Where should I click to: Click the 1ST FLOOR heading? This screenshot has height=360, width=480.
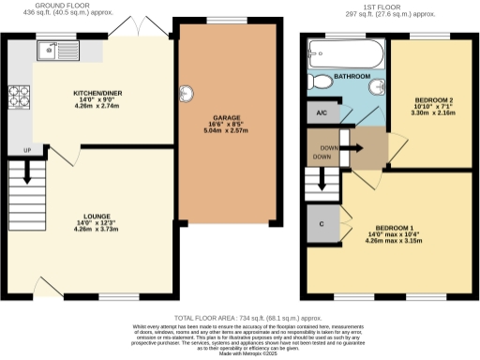tap(387, 7)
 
